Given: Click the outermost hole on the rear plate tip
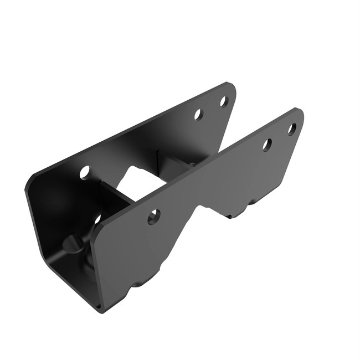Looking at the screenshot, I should click(x=224, y=101).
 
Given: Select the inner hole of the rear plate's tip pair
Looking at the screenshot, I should click(x=198, y=115).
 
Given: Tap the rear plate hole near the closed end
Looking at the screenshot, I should click(x=85, y=172).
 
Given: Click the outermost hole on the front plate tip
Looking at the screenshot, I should click(x=291, y=129).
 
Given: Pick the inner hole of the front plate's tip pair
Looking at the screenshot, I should click(x=267, y=145).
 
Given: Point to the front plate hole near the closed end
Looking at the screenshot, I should click(x=154, y=217).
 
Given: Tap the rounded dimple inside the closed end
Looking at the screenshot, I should click(x=71, y=244).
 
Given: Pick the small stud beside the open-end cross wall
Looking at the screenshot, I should click(x=192, y=164).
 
